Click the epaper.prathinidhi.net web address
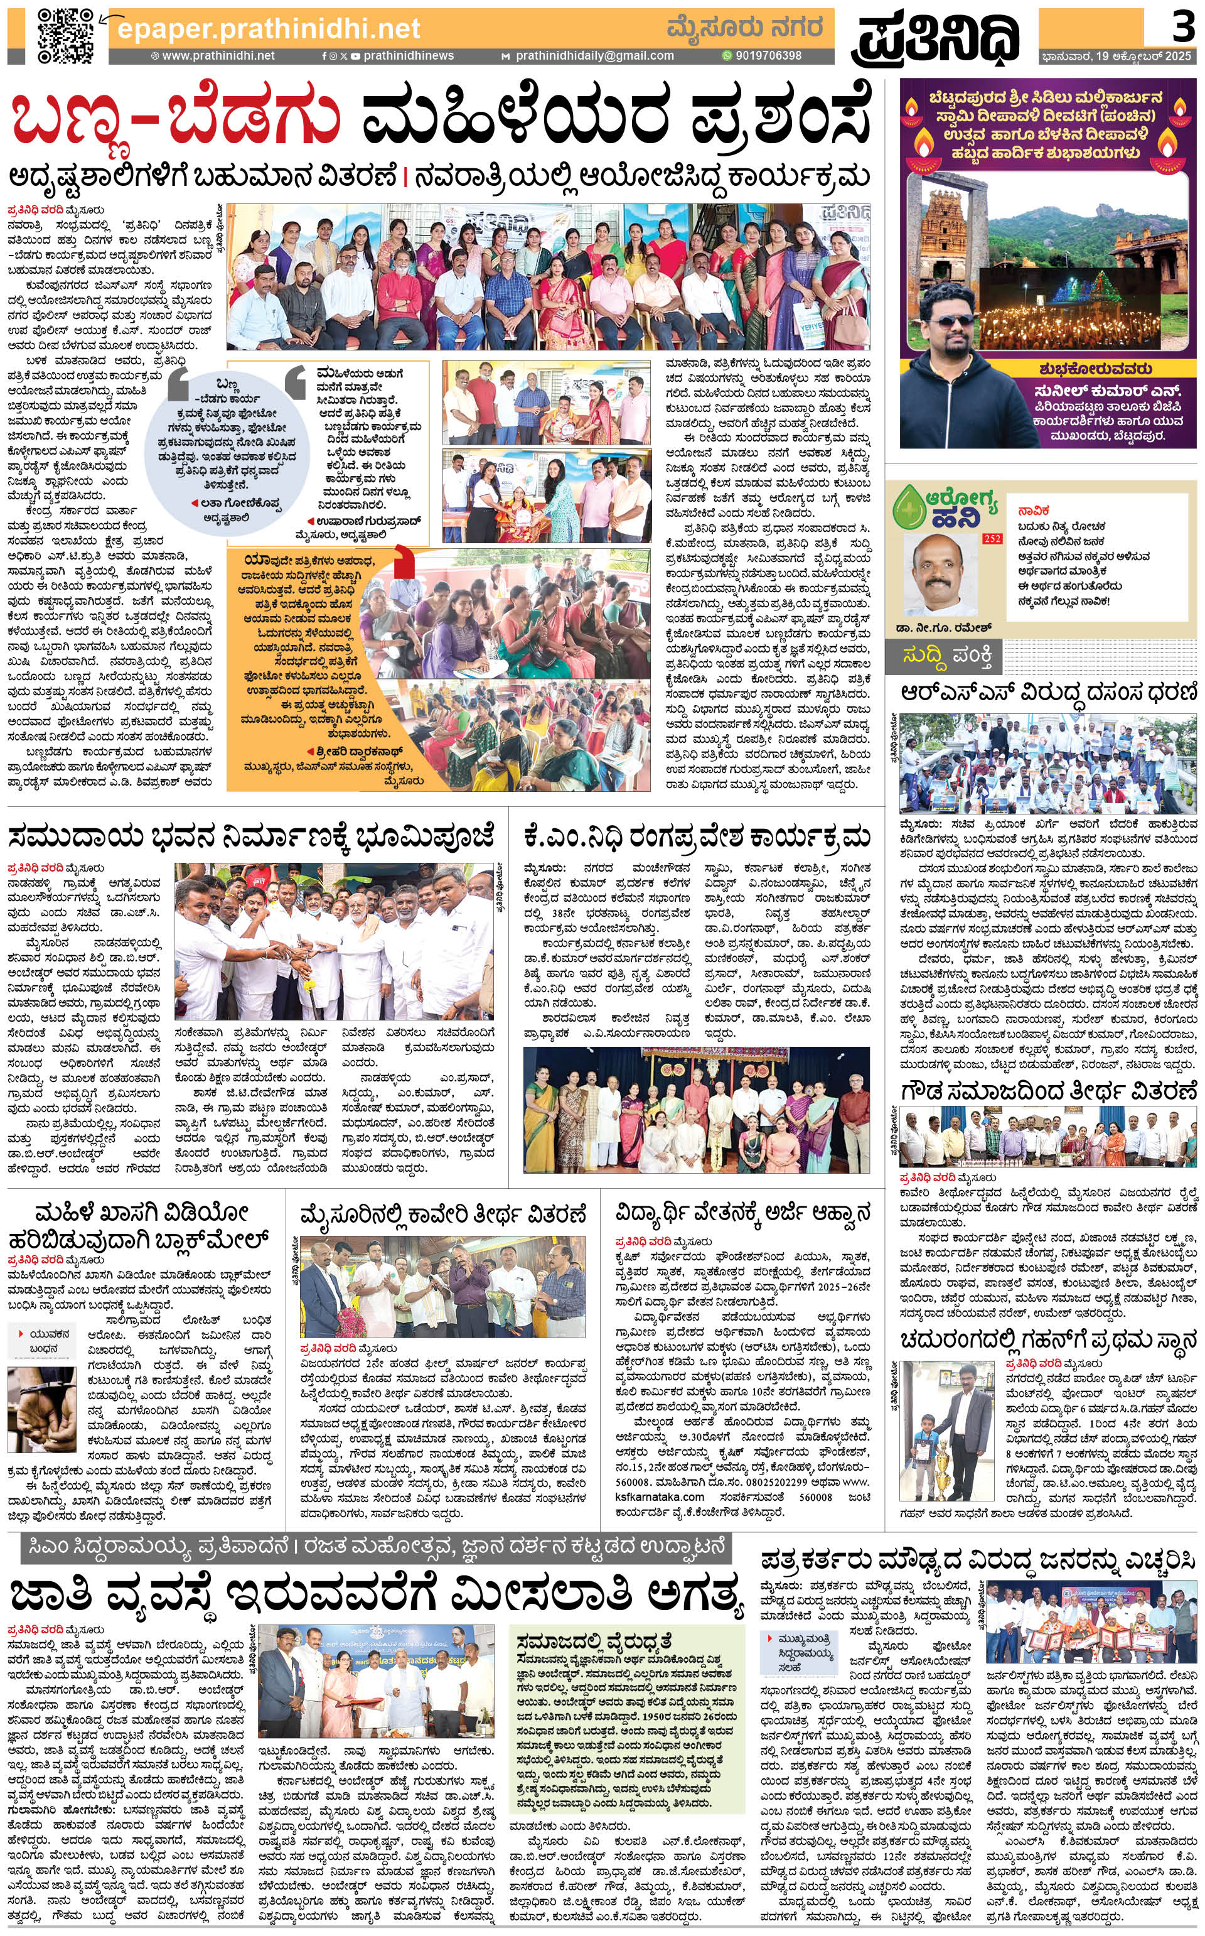pos(268,30)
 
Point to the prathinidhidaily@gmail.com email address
pos(594,56)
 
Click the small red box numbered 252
pos(992,539)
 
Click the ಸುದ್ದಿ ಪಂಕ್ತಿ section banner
pos(947,656)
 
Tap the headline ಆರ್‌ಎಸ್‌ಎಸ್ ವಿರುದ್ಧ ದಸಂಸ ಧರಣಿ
pos(1048,693)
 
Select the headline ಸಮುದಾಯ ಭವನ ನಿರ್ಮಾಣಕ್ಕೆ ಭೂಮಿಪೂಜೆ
pos(252,836)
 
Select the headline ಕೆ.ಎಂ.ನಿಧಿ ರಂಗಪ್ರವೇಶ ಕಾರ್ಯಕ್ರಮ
pos(697,836)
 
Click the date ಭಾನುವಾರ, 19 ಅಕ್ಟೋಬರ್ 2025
pos(1116,57)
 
